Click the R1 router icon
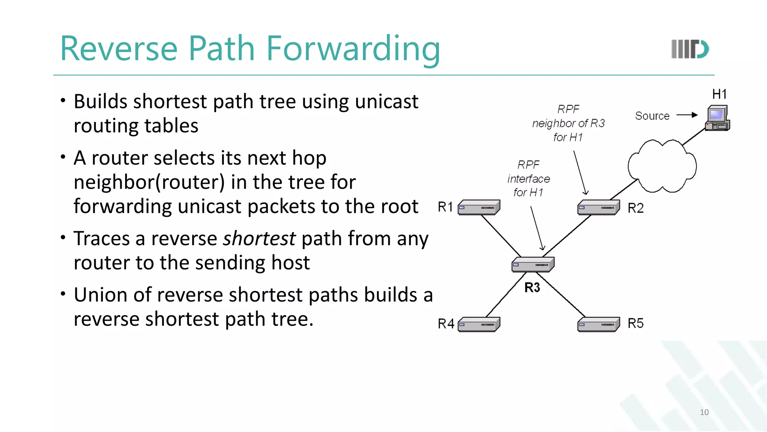(479, 207)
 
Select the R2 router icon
(598, 207)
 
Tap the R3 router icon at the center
(533, 264)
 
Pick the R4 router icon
(479, 324)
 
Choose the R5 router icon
(598, 324)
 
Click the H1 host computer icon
(717, 118)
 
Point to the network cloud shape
(662, 166)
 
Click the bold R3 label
(532, 288)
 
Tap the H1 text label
(719, 94)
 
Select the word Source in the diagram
(652, 116)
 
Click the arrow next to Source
(687, 115)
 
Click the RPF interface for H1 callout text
(528, 178)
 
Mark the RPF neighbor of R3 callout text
(568, 123)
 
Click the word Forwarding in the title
(353, 49)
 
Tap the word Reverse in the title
(119, 49)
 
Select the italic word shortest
(259, 238)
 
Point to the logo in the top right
(690, 49)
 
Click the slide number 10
(704, 412)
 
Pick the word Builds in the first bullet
(100, 102)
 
